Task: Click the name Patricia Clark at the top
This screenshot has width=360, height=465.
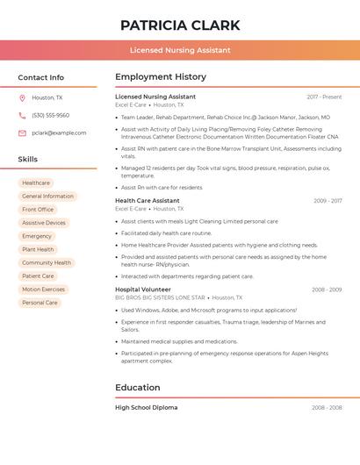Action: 180,25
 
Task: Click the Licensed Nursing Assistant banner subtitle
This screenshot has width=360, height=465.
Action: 180,50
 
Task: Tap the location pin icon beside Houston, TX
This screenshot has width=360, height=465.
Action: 22,97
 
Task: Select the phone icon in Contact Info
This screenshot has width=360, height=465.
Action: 22,115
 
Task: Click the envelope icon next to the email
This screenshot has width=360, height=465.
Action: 22,132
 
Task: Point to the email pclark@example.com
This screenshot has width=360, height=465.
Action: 59,132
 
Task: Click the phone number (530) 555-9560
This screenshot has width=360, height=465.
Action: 50,115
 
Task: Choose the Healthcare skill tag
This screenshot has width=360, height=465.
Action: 36,182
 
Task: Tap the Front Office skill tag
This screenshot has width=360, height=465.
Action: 38,210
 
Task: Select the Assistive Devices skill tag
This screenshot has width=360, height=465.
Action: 44,223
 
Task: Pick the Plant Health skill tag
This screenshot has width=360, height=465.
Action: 38,249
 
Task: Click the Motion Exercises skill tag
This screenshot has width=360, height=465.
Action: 43,290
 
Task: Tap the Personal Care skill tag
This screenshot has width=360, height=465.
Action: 40,303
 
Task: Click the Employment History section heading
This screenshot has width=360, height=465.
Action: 161,77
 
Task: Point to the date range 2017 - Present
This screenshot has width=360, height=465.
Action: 324,97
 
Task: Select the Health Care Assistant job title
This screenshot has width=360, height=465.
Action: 147,201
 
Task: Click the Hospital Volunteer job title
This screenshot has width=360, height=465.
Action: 143,289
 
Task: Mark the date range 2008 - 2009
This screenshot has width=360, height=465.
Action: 327,289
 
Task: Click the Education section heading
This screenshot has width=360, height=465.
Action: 138,387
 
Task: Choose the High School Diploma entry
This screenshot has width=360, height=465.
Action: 146,407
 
